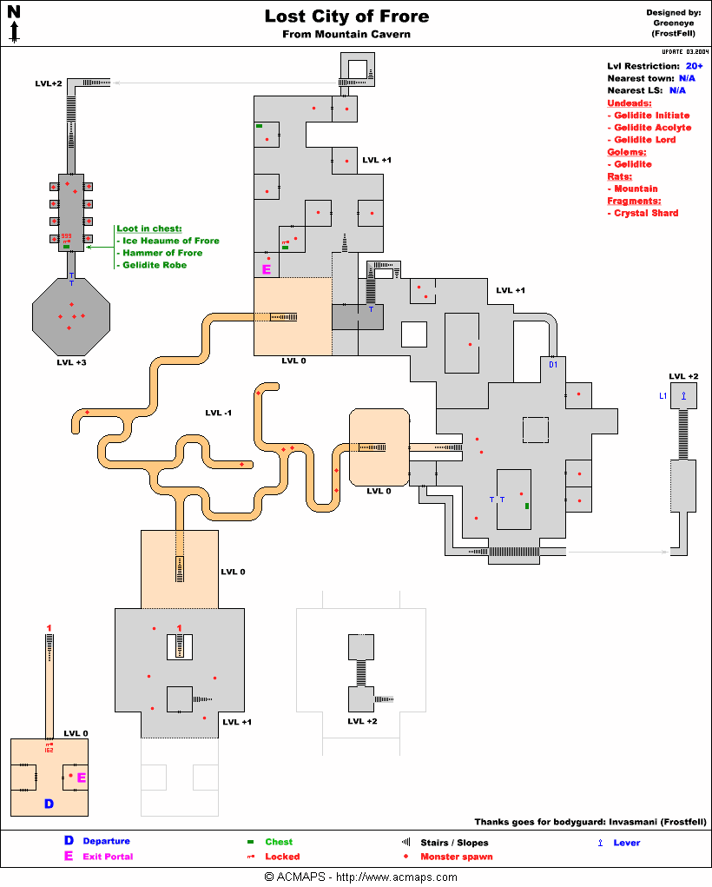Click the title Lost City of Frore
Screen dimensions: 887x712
346,17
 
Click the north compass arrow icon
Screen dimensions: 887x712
15,25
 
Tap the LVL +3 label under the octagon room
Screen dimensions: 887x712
72,362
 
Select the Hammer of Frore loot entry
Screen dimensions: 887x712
162,253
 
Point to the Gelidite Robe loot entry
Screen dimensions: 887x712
155,265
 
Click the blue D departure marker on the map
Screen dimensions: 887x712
49,804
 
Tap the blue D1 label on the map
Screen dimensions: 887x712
553,365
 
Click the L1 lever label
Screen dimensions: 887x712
663,396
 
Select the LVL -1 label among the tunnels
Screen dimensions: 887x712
218,413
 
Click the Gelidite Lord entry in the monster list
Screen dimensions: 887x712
645,140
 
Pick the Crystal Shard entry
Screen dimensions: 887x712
646,213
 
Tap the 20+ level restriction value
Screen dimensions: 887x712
694,66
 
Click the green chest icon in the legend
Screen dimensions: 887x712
250,842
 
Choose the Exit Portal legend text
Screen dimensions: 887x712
108,857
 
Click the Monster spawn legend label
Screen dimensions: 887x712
456,857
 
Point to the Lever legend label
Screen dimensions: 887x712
627,843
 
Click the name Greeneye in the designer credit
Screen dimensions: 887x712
673,23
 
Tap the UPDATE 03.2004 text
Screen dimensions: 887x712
679,51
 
